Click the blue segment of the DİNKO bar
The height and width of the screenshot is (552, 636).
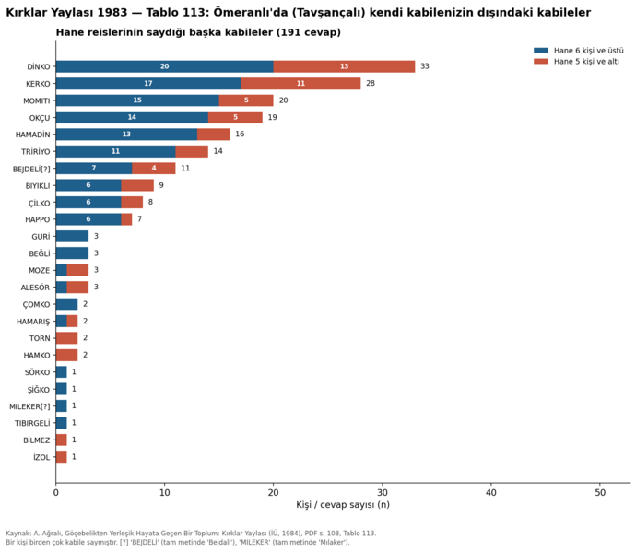165,66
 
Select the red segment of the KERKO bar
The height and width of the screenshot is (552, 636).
300,84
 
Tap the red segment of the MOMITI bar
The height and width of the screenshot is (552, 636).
246,100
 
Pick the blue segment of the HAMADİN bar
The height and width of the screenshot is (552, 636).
126,135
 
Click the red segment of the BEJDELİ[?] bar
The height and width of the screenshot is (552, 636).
154,169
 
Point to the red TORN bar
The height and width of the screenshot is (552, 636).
67,338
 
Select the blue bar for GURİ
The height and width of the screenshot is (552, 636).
72,236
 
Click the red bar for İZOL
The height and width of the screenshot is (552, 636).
61,457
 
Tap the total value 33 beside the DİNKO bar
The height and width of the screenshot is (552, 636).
425,66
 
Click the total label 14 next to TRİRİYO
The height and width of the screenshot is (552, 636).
218,151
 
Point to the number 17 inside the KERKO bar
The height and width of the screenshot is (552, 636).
148,84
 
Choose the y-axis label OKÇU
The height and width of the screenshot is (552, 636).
40,118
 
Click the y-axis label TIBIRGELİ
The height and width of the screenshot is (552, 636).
32,423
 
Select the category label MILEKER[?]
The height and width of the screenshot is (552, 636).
29,406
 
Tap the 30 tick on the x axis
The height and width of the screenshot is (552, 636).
383,492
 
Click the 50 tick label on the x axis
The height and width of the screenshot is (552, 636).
600,492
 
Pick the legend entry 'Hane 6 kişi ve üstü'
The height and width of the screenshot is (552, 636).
579,51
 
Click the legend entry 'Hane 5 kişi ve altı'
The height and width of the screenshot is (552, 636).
576,62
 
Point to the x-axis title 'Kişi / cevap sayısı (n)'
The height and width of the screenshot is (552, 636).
343,505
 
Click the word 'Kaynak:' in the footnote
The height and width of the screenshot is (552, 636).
16,534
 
